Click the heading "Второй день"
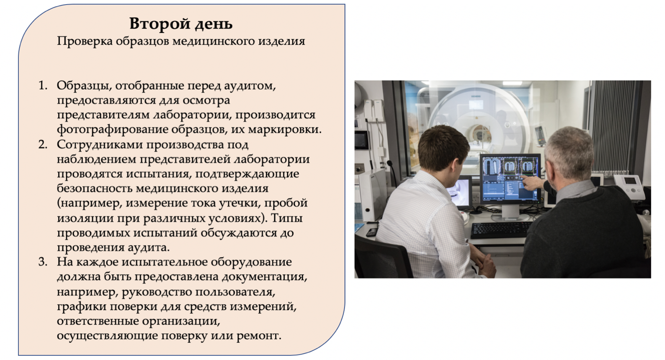point(181,24)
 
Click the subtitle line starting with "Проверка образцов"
point(181,41)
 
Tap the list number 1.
point(43,85)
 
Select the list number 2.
point(43,144)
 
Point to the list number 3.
point(43,262)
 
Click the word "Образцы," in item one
point(84,86)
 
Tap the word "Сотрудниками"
point(100,144)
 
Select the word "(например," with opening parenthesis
point(89,203)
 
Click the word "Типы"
point(286,218)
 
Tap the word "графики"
point(81,306)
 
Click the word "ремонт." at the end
point(258,336)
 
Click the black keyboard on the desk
point(500,230)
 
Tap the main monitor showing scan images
point(510,179)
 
